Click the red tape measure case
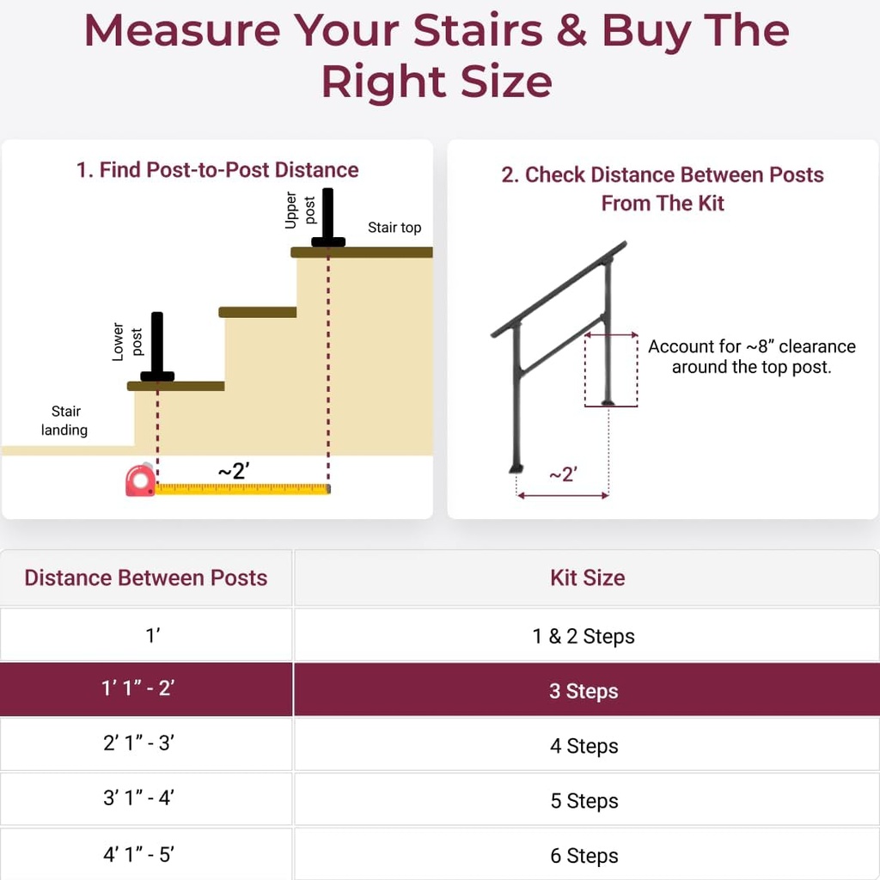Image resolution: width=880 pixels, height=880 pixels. tap(139, 480)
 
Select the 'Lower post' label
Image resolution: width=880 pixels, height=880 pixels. tap(127, 342)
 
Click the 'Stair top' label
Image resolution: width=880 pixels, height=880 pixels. tap(394, 228)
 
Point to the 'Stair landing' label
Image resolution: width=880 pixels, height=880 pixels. tap(64, 420)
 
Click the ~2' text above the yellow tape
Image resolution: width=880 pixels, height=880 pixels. tap(233, 470)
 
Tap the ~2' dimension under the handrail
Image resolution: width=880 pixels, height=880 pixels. tap(563, 474)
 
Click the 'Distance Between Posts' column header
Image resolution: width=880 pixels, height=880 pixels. tap(146, 578)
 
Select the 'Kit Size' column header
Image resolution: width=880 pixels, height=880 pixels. tap(587, 578)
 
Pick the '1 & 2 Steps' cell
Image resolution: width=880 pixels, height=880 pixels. tap(584, 636)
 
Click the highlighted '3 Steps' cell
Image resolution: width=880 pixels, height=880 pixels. tap(584, 691)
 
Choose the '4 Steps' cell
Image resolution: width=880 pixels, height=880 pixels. tap(584, 746)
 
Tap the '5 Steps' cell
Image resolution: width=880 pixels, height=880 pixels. tap(584, 801)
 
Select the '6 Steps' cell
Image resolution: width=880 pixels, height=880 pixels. tap(584, 855)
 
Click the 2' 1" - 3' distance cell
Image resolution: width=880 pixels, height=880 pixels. tap(138, 744)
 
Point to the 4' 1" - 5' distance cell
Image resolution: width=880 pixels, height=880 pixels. tap(138, 855)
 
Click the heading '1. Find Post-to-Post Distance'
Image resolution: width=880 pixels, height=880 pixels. tap(217, 170)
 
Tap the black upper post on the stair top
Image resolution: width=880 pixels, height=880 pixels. tap(327, 220)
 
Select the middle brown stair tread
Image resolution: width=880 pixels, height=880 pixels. tap(258, 312)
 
